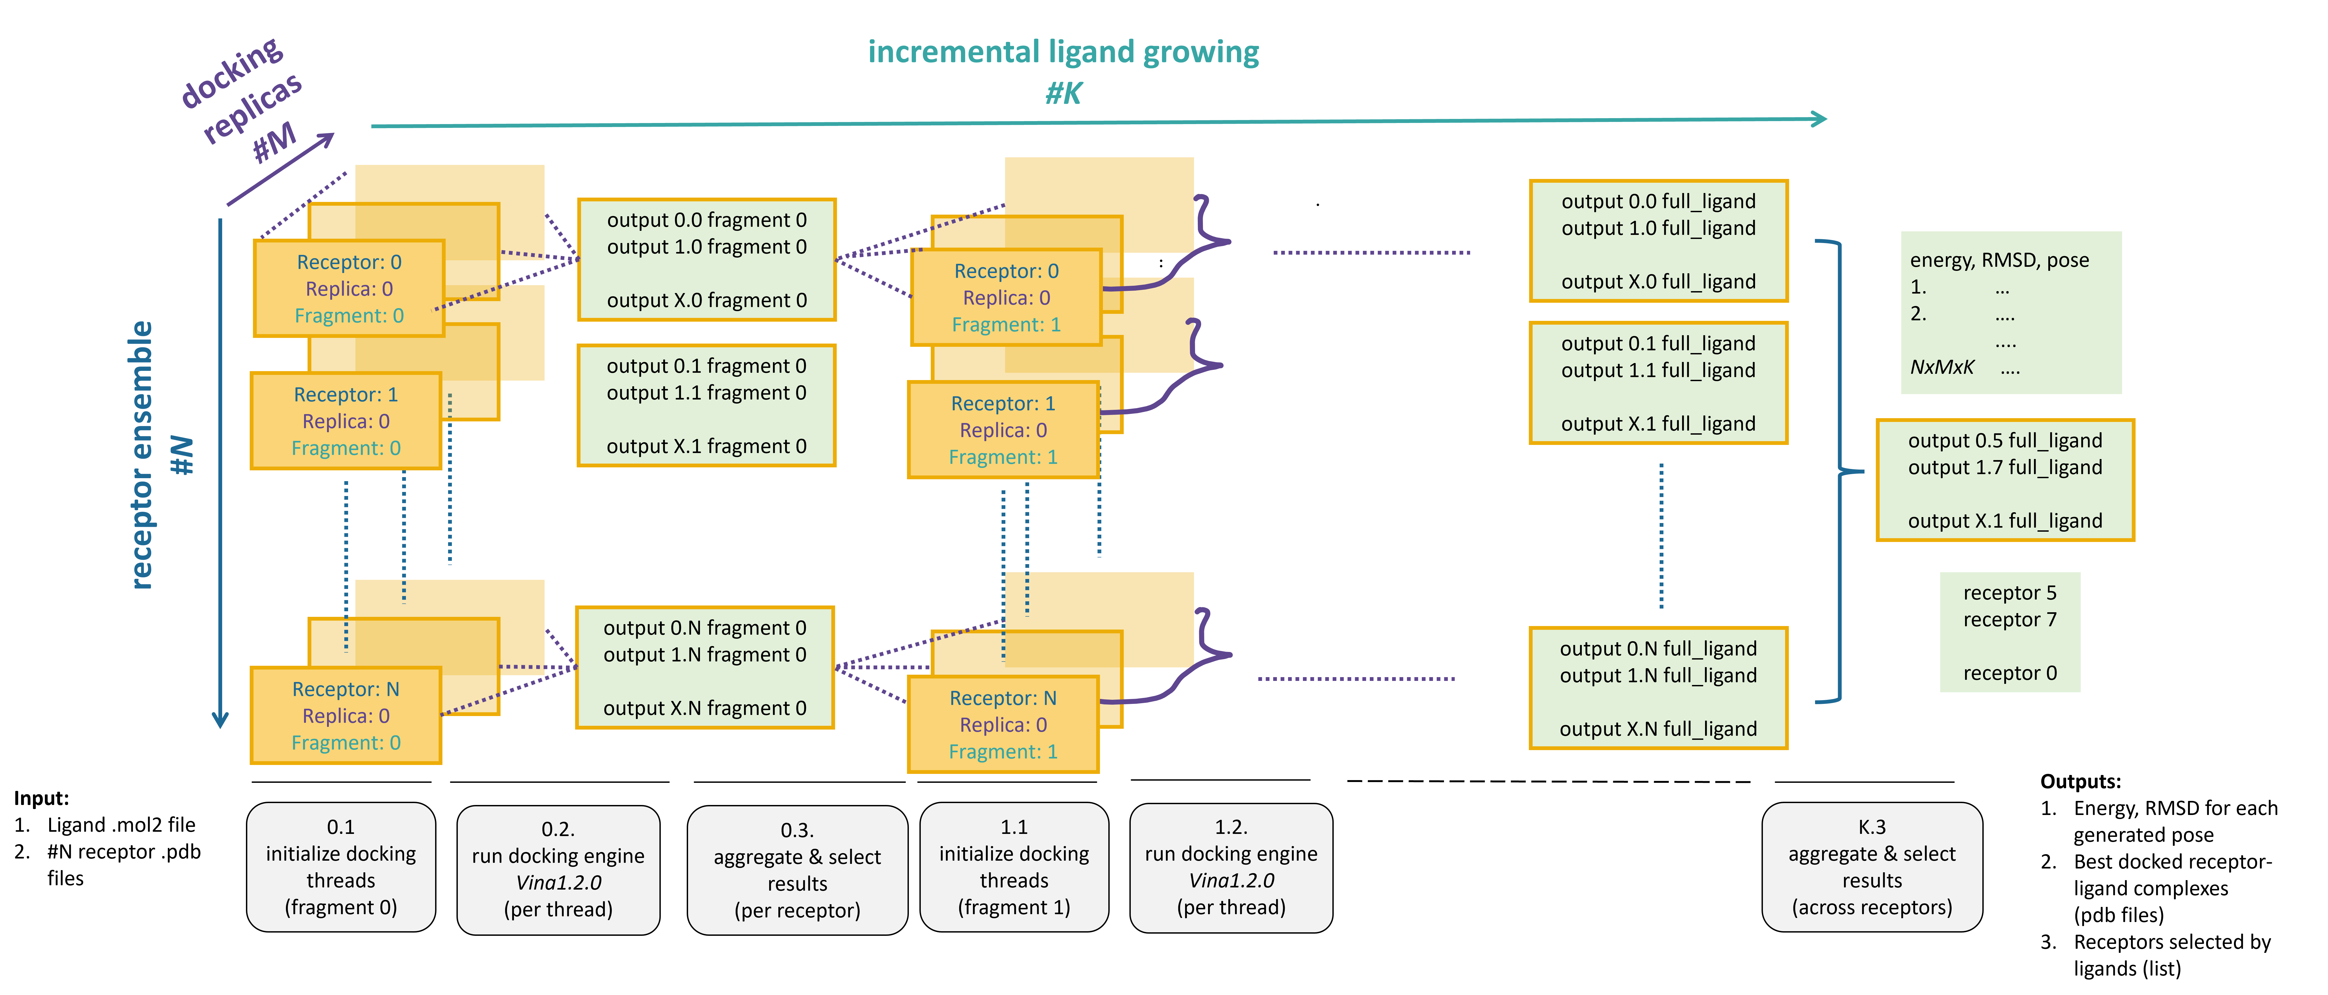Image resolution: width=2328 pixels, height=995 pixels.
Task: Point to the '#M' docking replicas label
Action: (274, 142)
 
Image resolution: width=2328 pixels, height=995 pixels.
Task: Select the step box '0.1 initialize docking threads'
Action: (341, 867)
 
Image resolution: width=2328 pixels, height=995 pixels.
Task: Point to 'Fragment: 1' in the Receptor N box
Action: (1002, 752)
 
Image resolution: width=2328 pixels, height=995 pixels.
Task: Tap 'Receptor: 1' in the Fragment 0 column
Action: (345, 395)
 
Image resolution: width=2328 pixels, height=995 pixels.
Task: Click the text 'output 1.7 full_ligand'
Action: (2005, 467)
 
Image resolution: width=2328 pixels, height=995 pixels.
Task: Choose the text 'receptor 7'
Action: (2009, 620)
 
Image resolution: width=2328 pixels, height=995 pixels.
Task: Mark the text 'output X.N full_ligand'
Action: (1657, 729)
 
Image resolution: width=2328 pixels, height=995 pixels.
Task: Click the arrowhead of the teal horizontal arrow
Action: (1818, 118)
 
